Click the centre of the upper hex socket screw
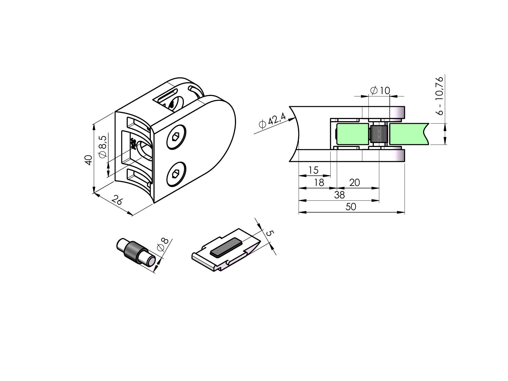coord(176,137)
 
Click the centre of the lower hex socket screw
coord(176,174)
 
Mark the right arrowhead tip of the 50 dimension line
coord(405,212)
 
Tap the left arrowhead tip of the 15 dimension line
coord(299,176)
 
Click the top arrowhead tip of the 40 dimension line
coord(94,124)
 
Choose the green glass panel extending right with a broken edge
coord(409,134)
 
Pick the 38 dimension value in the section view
coord(339,195)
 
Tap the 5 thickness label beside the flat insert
coord(270,233)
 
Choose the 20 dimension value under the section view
coord(355,183)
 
